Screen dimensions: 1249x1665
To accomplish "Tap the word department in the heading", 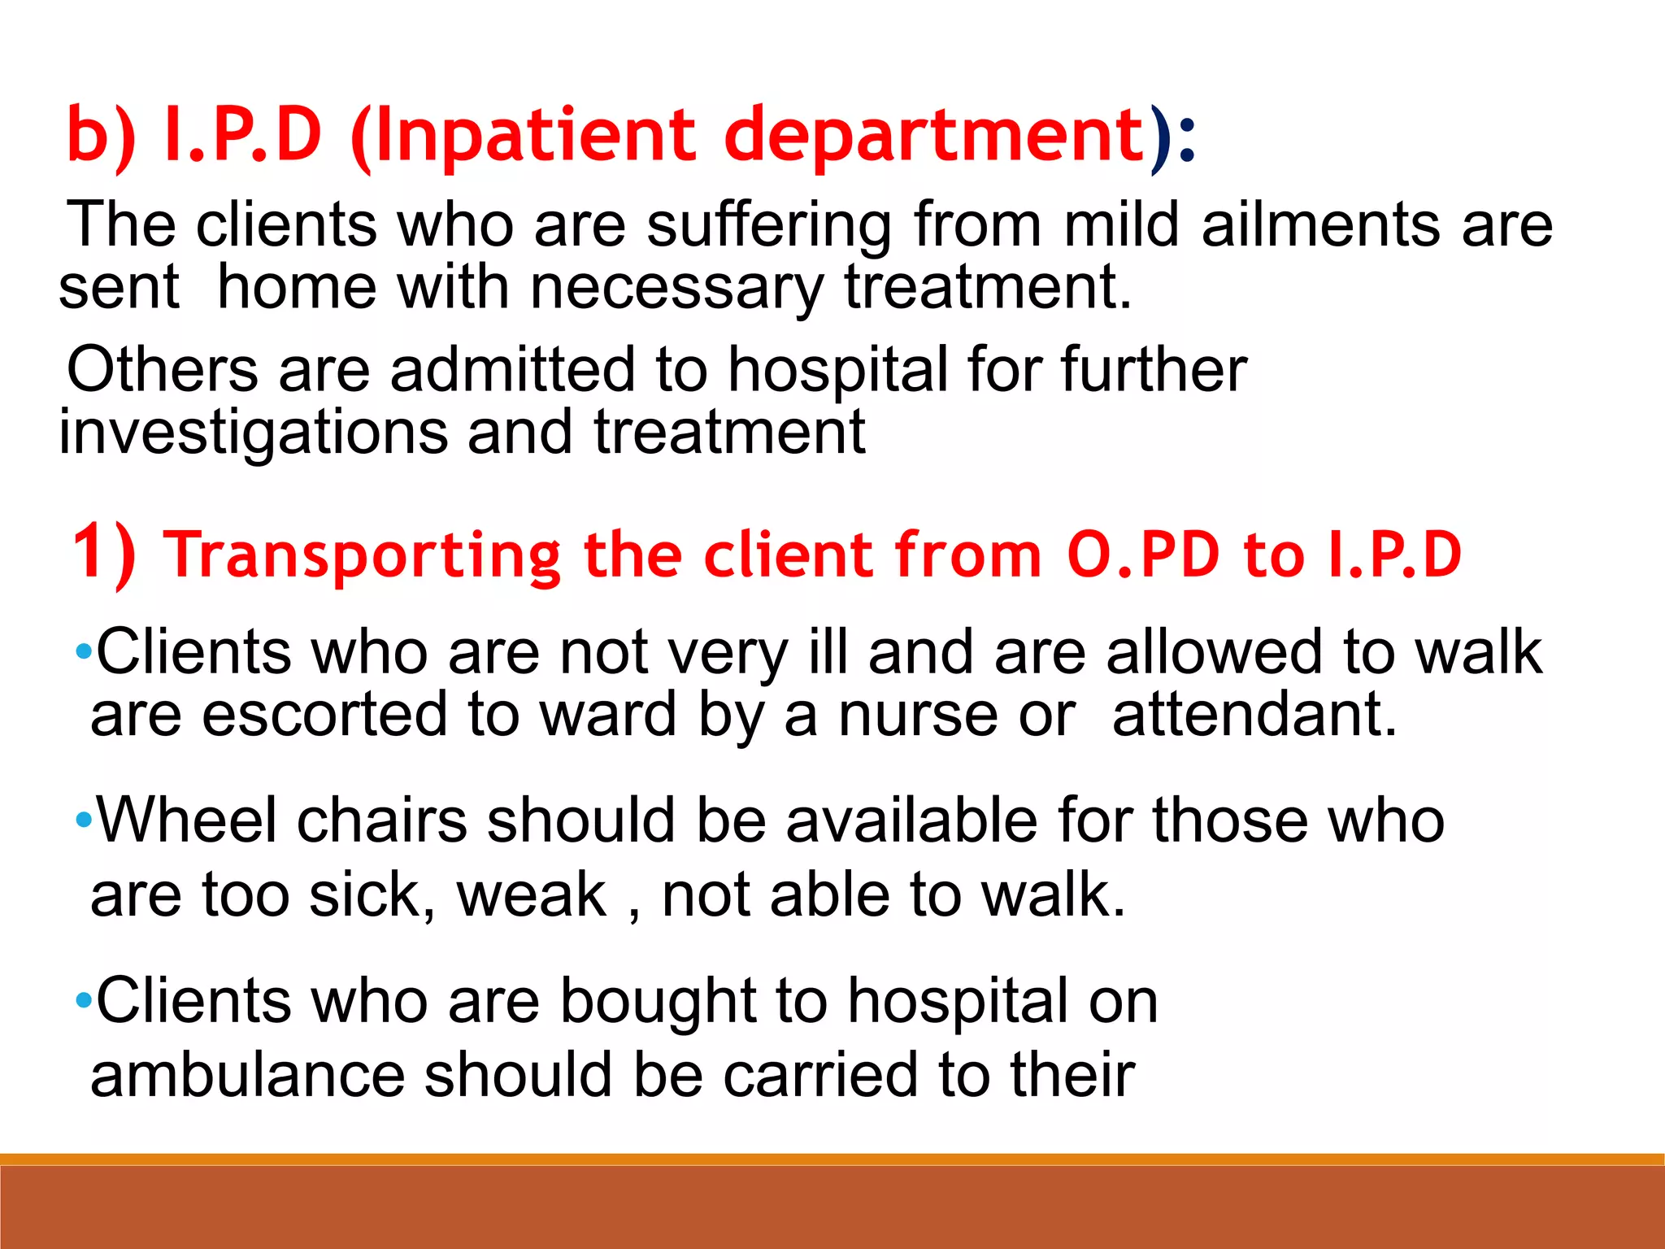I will [x=935, y=137].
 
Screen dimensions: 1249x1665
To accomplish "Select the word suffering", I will [x=769, y=226].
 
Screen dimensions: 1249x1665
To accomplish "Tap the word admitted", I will [x=513, y=369].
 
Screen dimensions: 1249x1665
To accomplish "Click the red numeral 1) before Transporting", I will [x=103, y=554].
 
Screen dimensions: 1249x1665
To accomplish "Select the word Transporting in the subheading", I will [x=363, y=555].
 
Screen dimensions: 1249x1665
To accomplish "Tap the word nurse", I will [x=918, y=715].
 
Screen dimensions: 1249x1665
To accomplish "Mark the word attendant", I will [x=1254, y=715].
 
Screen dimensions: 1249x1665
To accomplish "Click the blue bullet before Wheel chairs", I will [x=83, y=820].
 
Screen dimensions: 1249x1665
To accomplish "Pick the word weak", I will [x=532, y=895].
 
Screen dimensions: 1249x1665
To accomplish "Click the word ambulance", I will [x=247, y=1075].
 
